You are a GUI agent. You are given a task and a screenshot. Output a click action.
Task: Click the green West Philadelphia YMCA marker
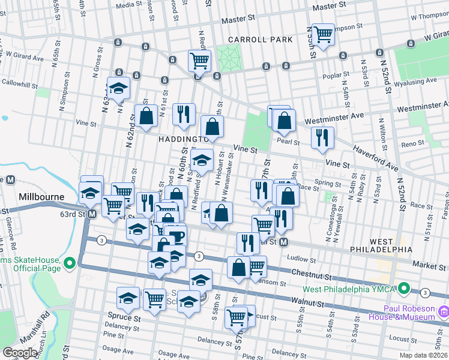pos(405,289)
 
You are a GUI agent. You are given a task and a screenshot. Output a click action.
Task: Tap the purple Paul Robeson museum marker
pos(443,311)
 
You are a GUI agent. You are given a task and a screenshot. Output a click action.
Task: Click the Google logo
pos(20,353)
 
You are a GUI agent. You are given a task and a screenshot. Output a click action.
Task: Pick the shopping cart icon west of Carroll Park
pos(199,60)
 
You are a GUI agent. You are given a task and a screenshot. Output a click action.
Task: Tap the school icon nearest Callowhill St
pos(119,88)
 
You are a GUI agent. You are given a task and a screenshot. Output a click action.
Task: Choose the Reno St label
pos(412,143)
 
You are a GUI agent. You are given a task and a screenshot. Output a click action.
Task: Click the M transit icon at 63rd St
pos(92,214)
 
